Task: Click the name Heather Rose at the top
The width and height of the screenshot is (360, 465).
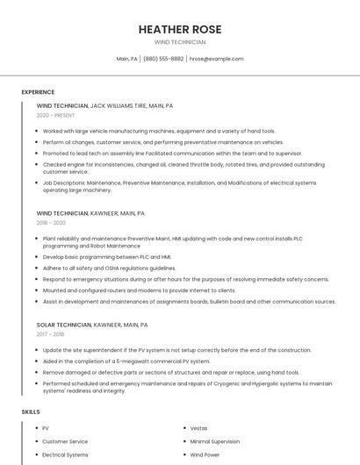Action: (x=180, y=29)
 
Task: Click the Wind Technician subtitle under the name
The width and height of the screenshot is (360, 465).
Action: (x=180, y=42)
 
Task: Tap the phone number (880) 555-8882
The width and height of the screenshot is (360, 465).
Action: (x=163, y=59)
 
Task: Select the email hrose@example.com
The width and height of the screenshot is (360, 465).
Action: (x=216, y=59)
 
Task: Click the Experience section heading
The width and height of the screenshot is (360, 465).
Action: (x=38, y=92)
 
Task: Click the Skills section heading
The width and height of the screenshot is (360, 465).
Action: (x=31, y=411)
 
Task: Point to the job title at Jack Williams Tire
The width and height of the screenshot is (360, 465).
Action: (x=62, y=105)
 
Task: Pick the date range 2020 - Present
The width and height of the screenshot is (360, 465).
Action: (x=55, y=116)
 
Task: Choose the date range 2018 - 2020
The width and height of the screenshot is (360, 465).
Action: (x=51, y=224)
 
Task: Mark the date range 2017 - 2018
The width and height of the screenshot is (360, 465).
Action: (x=51, y=334)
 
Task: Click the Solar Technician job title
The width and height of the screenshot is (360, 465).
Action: (x=64, y=325)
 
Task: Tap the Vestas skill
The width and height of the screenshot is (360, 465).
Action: (x=199, y=428)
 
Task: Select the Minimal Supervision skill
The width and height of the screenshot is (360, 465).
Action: (x=214, y=441)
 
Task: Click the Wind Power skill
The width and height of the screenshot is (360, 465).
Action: (x=205, y=455)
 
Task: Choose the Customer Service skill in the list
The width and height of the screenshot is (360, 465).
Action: (x=65, y=441)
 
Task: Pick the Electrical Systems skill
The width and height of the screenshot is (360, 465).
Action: (x=65, y=455)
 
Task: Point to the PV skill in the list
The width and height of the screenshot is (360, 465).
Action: (x=46, y=428)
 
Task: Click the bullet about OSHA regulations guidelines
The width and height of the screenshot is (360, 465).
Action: (x=109, y=268)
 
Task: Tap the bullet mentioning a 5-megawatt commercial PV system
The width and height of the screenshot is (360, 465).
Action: (x=126, y=361)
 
